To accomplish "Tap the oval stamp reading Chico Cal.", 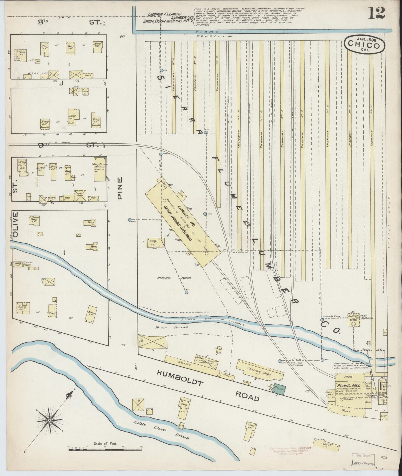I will click(365, 44).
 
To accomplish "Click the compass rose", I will click(49, 421).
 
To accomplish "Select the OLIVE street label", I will click(15, 224).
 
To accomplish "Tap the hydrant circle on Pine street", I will click(130, 220).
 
